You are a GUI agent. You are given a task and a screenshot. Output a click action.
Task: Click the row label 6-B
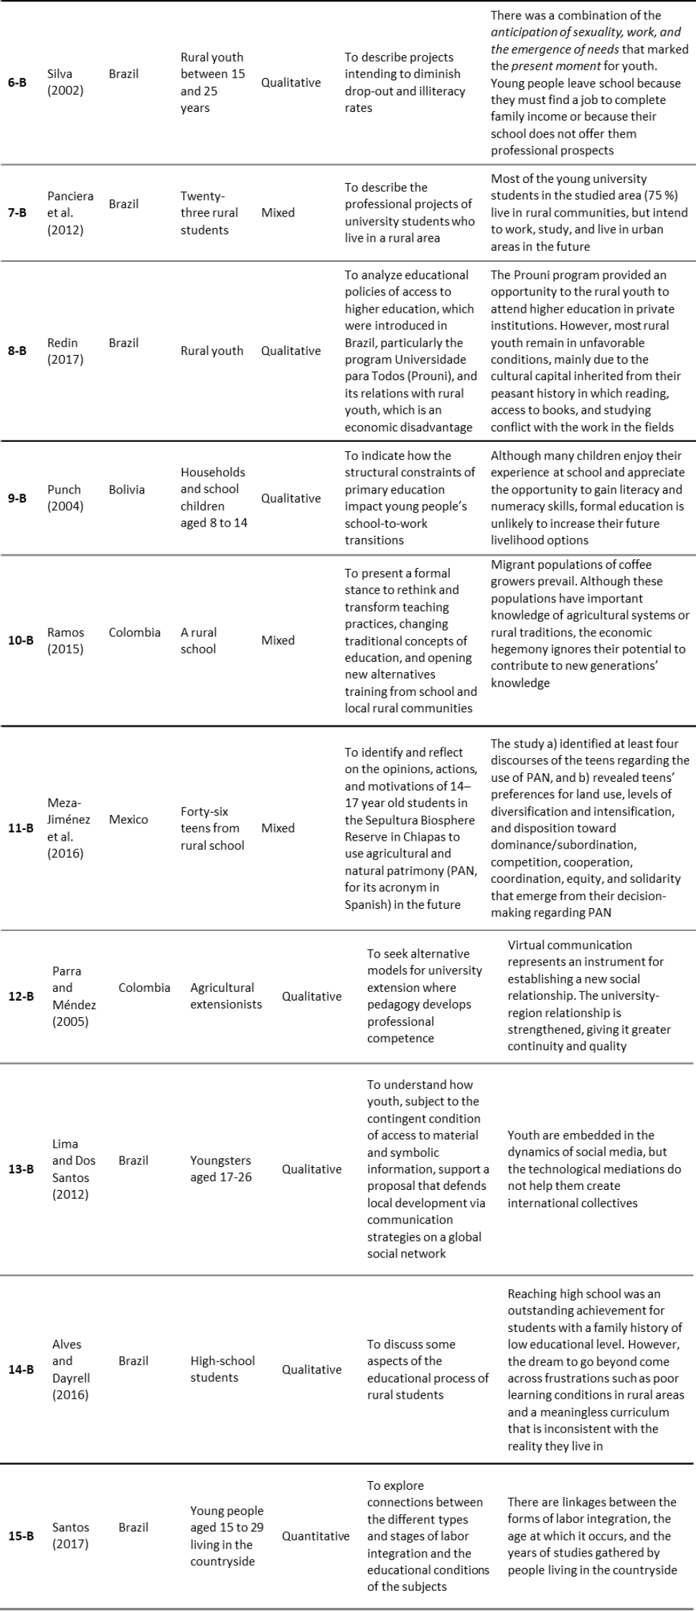click(17, 82)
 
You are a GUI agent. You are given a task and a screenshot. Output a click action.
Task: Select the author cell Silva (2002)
click(65, 82)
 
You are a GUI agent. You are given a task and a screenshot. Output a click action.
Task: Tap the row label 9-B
click(17, 498)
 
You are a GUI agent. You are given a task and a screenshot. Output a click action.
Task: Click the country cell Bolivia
click(127, 489)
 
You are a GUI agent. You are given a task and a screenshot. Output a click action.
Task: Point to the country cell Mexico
click(128, 819)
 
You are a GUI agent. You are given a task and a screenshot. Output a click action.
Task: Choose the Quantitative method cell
click(316, 1536)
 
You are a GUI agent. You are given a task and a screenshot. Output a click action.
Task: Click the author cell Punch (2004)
click(65, 498)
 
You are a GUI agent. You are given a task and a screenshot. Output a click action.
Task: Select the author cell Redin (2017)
click(65, 351)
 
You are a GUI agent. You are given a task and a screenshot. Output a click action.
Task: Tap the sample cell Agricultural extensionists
click(226, 996)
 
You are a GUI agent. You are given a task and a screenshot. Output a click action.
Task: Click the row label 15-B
click(21, 1536)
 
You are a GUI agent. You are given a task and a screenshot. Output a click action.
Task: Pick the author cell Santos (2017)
click(70, 1536)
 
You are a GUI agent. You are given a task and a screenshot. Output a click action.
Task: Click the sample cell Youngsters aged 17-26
click(221, 1168)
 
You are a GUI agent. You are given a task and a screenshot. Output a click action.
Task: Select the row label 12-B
click(21, 996)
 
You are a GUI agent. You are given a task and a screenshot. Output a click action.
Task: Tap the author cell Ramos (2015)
click(65, 641)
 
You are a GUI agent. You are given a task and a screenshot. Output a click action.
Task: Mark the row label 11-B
click(21, 828)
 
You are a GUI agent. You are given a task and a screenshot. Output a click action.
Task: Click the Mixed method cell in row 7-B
click(278, 212)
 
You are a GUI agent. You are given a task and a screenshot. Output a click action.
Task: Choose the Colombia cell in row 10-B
click(135, 632)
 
